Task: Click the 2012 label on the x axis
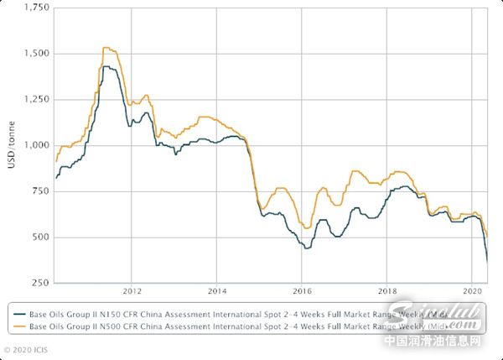(132, 292)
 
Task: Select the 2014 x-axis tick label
(216, 292)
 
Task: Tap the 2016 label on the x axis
(302, 292)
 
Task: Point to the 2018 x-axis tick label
(387, 292)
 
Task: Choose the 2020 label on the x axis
(472, 292)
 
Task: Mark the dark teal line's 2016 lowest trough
(307, 248)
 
